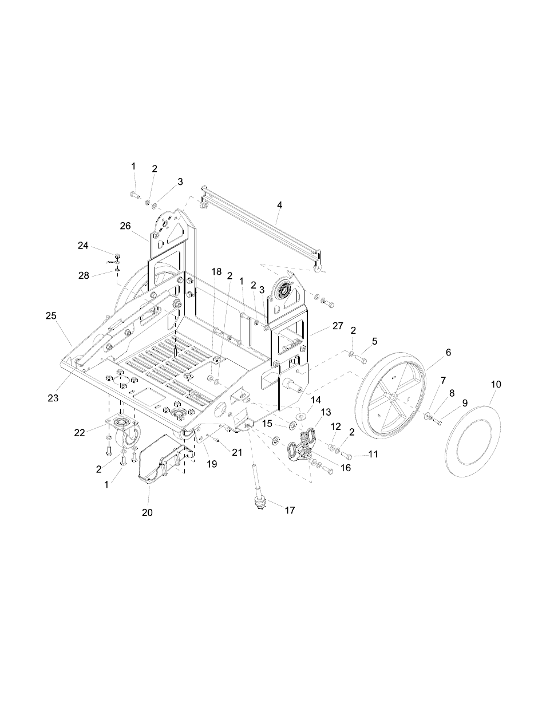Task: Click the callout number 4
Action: [x=279, y=204]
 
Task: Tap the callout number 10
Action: [x=496, y=384]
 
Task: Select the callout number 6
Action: [x=448, y=353]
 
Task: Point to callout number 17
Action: [x=290, y=510]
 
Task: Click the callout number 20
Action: [x=147, y=513]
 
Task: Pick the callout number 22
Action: [x=80, y=432]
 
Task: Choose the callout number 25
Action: [x=51, y=315]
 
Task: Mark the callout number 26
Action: [x=125, y=226]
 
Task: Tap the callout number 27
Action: [x=338, y=326]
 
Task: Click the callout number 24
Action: [x=83, y=246]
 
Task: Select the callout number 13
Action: [x=326, y=412]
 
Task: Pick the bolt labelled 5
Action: [x=359, y=359]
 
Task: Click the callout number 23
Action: [x=53, y=398]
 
